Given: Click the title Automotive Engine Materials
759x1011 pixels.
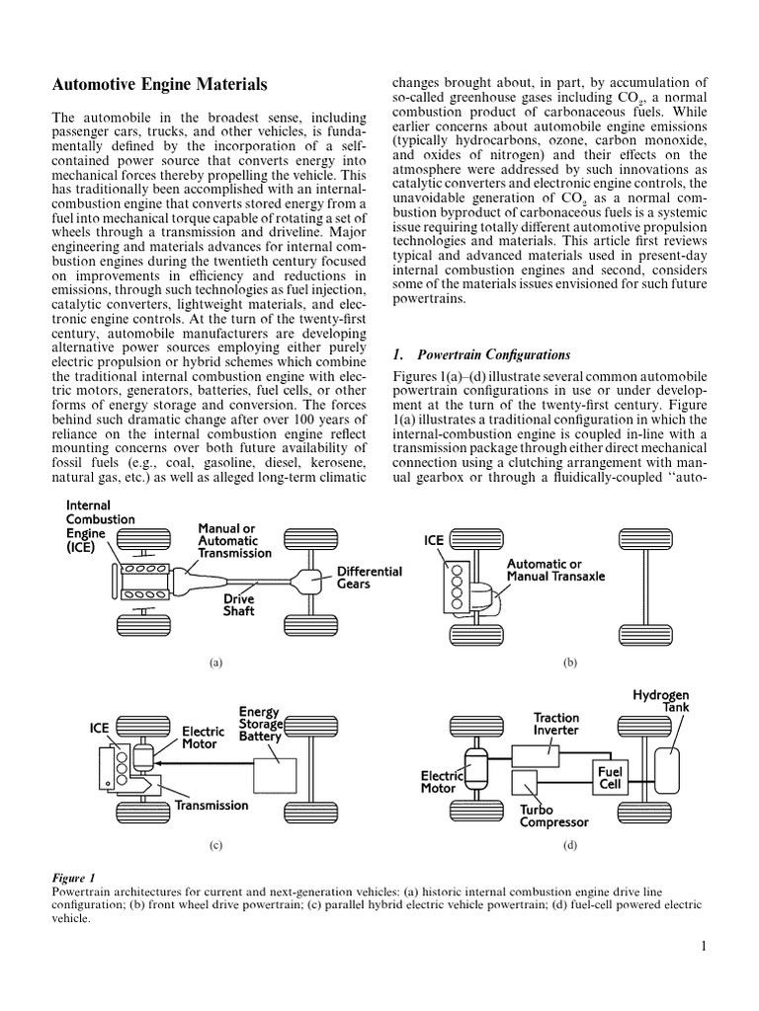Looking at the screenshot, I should (x=158, y=86).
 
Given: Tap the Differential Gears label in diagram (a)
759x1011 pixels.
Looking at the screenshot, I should (x=369, y=579).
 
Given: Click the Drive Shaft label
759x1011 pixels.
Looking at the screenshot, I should (x=239, y=605).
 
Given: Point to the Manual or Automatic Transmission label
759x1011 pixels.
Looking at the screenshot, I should (x=234, y=541).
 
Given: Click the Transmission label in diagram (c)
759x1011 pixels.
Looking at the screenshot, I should (x=212, y=805).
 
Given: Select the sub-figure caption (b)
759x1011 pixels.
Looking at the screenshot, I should (x=569, y=663).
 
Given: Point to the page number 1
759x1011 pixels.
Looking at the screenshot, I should (x=704, y=947).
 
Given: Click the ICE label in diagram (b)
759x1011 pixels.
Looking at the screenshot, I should (x=434, y=540).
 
